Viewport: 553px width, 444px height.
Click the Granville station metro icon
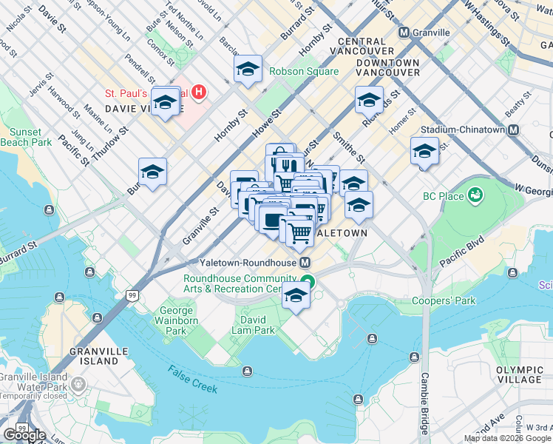[x=404, y=33]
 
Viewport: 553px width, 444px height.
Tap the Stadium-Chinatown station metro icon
[x=513, y=129]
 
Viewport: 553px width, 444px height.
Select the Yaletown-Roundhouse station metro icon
[x=305, y=263]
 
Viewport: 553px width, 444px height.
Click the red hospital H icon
[x=198, y=93]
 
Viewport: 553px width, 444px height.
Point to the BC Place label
[x=443, y=196]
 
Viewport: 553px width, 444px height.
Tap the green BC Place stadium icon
[x=475, y=195]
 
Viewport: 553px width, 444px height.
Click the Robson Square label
[x=303, y=72]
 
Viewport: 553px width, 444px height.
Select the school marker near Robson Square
[x=248, y=70]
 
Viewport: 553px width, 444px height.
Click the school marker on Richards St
[x=369, y=101]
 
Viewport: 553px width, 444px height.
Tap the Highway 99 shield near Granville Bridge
[x=132, y=296]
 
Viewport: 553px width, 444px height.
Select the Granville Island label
[x=92, y=355]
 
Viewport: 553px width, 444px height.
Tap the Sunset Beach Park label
[x=26, y=136]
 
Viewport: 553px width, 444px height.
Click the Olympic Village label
[x=519, y=374]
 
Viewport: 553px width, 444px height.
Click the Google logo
[x=24, y=435]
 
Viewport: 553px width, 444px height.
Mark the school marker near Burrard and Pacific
[x=152, y=172]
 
